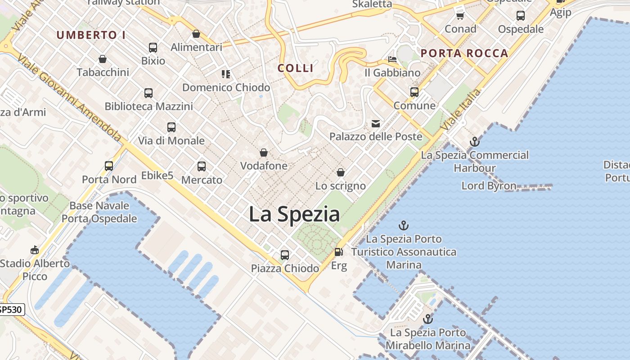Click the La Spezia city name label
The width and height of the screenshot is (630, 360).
(294, 214)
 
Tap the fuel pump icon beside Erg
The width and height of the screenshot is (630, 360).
(338, 252)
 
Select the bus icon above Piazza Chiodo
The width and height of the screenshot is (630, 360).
(284, 255)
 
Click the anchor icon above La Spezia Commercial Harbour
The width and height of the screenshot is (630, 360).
(474, 142)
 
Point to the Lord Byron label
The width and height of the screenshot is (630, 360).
(489, 185)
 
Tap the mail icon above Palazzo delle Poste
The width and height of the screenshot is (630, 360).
(376, 124)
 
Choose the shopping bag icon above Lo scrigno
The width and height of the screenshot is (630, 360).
(341, 172)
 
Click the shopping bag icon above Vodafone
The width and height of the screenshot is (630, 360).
(264, 153)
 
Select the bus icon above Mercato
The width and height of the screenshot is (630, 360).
(202, 166)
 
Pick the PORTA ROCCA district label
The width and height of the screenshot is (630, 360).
(464, 54)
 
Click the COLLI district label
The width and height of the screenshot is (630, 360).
(295, 68)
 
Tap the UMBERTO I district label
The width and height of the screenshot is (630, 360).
(91, 35)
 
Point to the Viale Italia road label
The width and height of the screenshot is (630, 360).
(461, 110)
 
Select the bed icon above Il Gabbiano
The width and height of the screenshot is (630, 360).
(392, 59)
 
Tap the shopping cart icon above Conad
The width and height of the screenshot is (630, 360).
(460, 16)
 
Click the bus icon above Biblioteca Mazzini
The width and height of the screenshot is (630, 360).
(148, 93)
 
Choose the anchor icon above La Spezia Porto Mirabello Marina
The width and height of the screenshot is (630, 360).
(428, 319)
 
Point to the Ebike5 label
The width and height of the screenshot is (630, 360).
(157, 175)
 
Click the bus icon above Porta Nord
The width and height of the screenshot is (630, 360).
(109, 166)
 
